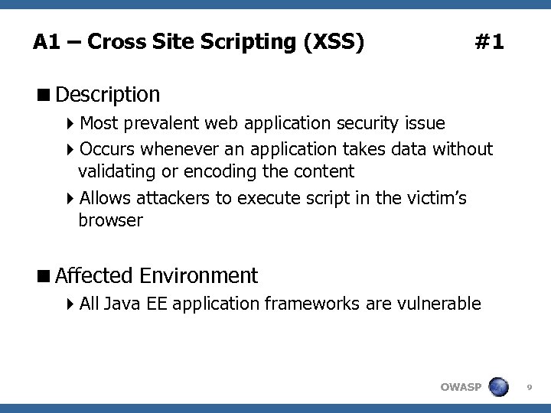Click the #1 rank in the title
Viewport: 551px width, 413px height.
pyautogui.click(x=488, y=41)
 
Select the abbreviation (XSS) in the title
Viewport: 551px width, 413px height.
pyautogui.click(x=334, y=41)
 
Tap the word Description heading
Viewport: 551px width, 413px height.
pyautogui.click(x=108, y=95)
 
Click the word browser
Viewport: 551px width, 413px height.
pyautogui.click(x=110, y=221)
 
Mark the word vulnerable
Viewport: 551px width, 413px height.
pyautogui.click(x=439, y=304)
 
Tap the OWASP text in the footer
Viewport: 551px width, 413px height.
pyautogui.click(x=461, y=387)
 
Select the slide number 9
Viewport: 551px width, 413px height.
pyautogui.click(x=528, y=388)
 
